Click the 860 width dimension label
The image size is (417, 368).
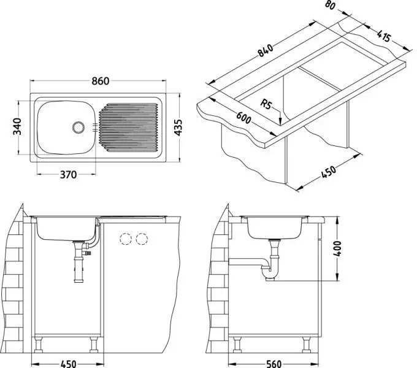100,81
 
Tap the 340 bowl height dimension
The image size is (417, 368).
17,126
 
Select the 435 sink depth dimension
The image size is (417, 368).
178,128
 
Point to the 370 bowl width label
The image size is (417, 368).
68,175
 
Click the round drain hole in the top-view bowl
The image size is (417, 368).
78,128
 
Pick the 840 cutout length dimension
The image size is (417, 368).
265,50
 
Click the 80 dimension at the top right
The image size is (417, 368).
330,5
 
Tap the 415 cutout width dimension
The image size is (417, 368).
384,36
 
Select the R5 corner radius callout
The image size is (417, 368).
266,104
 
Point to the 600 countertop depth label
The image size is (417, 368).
243,118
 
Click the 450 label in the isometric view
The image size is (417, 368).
329,172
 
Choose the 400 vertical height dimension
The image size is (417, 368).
337,248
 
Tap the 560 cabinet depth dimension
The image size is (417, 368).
274,364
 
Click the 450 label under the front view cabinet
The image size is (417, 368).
68,364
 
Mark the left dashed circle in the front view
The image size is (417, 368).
126,239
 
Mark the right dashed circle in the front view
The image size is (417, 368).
142,239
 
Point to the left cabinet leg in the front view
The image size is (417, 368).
39,344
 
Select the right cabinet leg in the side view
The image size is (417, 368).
307,344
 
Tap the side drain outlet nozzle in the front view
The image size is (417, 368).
88,253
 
